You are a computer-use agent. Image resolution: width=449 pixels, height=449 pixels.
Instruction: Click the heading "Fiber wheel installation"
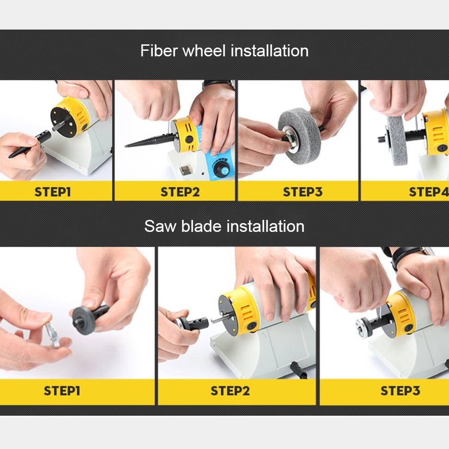[x=224, y=51]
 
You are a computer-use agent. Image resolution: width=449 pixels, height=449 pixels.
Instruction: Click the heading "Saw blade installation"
[x=224, y=226]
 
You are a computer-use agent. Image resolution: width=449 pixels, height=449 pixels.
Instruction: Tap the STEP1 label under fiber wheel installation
[x=53, y=192]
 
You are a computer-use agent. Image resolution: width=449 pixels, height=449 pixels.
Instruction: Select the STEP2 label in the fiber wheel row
[x=180, y=192]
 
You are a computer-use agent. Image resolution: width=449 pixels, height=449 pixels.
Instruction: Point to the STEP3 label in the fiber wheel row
[x=303, y=192]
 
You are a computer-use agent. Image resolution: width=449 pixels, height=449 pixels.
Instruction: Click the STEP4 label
[x=429, y=192]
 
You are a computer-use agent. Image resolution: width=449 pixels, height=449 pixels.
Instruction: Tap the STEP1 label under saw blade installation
[x=62, y=391]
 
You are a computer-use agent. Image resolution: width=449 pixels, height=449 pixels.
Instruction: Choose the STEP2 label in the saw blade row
[x=230, y=391]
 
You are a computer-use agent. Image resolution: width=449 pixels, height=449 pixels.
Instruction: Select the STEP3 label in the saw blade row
[x=400, y=391]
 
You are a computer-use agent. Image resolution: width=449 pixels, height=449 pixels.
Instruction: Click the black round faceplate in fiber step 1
[x=64, y=120]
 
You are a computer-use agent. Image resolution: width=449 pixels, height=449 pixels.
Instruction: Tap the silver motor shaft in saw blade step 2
[x=219, y=320]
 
